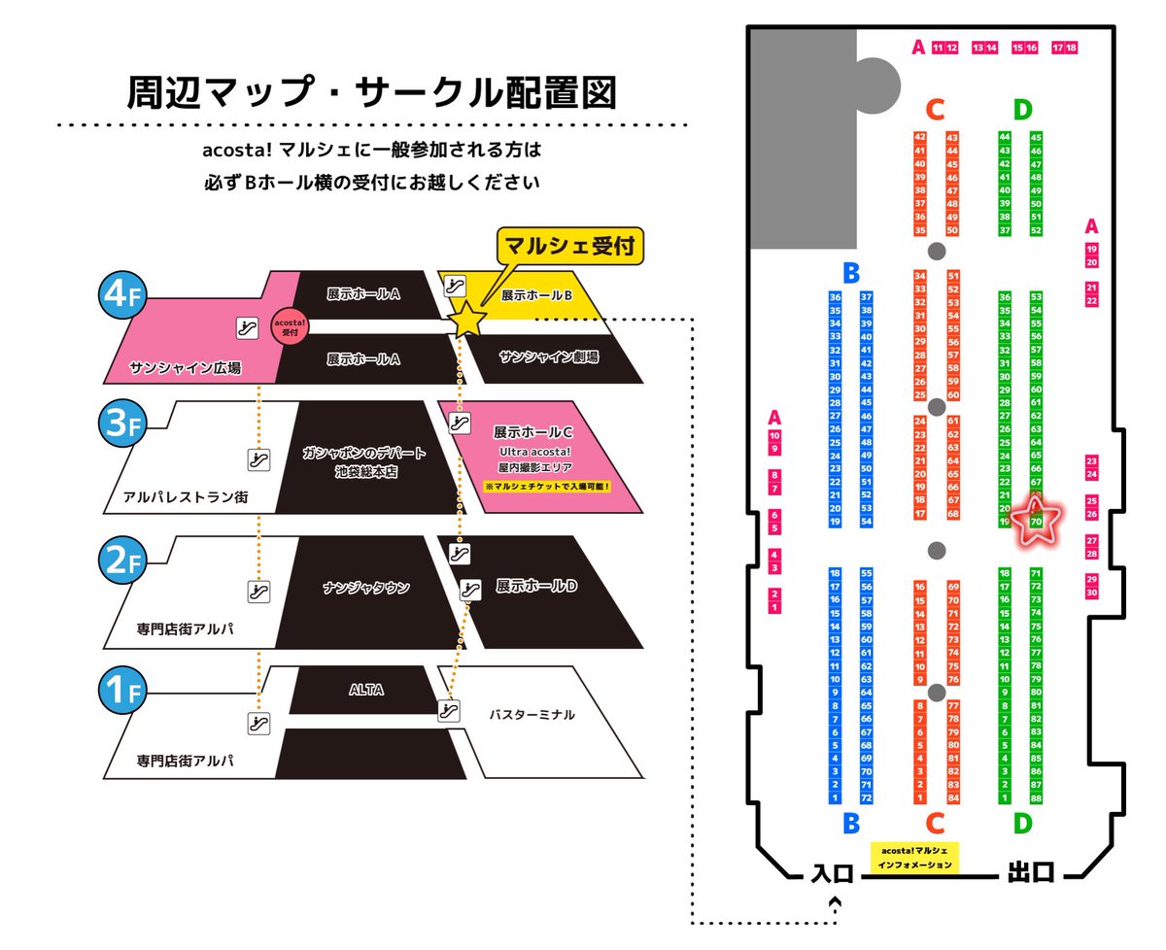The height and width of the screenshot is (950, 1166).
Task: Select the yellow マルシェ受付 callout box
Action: [x=570, y=245]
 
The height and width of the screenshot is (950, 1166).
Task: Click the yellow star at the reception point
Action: [x=467, y=319]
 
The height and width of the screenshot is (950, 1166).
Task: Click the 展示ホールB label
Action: [x=535, y=294]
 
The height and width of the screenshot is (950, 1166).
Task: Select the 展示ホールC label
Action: [x=534, y=430]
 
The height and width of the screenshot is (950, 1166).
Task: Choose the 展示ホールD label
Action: [x=536, y=587]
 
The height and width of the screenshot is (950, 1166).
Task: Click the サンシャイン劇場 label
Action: [x=549, y=357]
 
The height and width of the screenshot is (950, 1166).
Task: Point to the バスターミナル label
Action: [x=532, y=714]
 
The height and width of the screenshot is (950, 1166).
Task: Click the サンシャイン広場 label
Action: [x=185, y=368]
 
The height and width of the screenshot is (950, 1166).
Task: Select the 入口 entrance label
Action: [x=832, y=872]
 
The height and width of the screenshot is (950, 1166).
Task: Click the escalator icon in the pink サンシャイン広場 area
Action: [x=248, y=327]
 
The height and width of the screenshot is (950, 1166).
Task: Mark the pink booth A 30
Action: [x=1092, y=593]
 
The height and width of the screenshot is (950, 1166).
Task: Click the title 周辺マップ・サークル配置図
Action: [x=371, y=93]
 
